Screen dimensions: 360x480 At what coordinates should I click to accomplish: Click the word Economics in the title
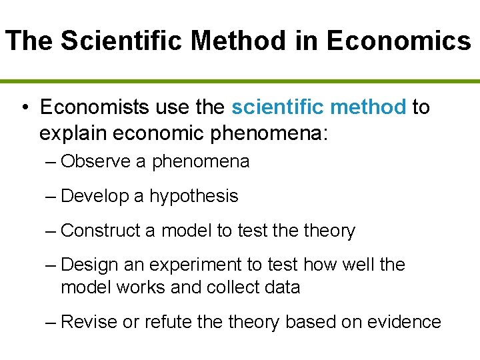pos(399,41)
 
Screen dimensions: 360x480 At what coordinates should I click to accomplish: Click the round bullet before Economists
pos(24,107)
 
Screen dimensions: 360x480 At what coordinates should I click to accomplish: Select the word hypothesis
pos(193,196)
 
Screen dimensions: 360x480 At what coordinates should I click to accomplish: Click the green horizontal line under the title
pos(240,81)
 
